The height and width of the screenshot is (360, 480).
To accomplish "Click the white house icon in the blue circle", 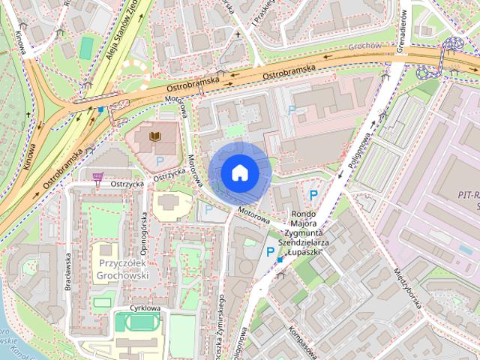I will pyautogui.click(x=239, y=172).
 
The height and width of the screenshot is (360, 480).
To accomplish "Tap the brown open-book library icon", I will pyautogui.click(x=155, y=136).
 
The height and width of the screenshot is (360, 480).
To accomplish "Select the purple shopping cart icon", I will pyautogui.click(x=97, y=178).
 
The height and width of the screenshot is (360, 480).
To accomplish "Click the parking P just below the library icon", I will pyautogui.click(x=159, y=160).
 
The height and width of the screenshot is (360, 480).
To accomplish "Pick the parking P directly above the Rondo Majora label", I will pyautogui.click(x=314, y=195).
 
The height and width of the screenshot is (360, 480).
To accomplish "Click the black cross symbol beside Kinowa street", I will pyautogui.click(x=29, y=114).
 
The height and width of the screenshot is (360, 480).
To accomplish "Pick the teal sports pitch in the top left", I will pyautogui.click(x=87, y=46).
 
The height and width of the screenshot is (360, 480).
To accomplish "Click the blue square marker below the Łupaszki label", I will pyautogui.click(x=280, y=259).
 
